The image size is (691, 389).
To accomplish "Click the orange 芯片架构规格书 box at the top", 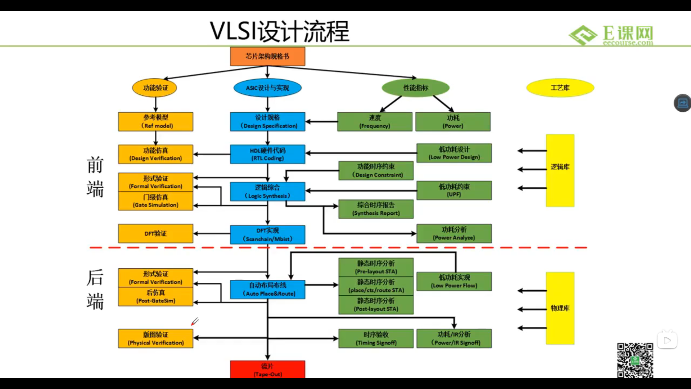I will point(267,56).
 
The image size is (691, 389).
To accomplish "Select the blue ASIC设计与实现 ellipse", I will point(267,88).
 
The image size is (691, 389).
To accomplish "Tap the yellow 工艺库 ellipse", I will point(560,88).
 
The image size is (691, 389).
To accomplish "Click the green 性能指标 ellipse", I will point(416,88).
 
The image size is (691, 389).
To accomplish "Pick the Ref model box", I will point(155,121).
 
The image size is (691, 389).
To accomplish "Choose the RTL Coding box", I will point(267,154).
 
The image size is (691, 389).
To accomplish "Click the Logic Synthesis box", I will point(267,192).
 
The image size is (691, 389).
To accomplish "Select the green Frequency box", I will point(375,122).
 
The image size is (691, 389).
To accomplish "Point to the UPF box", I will point(454,190).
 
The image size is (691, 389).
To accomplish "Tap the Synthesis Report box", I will point(376,209).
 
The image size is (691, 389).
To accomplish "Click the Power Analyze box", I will point(454,233).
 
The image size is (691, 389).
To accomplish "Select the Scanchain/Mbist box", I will point(267,234).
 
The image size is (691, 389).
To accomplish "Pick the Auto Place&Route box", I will point(267,289).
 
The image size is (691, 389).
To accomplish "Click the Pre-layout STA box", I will point(376,267).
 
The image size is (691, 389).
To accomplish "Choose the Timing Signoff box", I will point(376,339).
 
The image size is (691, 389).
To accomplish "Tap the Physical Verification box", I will point(155,339).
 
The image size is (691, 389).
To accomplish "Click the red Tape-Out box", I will point(267,370).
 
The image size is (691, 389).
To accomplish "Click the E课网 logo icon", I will point(583,35).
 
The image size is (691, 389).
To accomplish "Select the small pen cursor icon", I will point(195,321).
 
